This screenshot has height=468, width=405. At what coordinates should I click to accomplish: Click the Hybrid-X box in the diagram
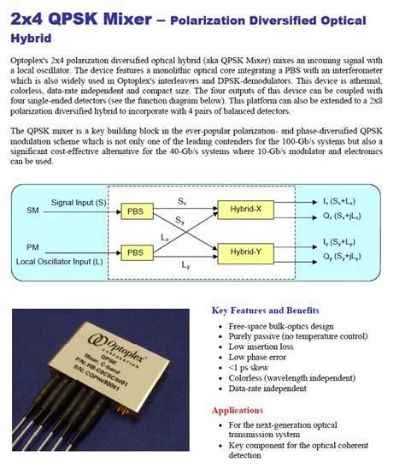pyautogui.click(x=246, y=208)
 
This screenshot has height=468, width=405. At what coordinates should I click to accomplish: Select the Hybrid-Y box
pyautogui.click(x=246, y=252)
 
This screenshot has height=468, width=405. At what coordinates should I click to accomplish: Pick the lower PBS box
pyautogui.click(x=134, y=252)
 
